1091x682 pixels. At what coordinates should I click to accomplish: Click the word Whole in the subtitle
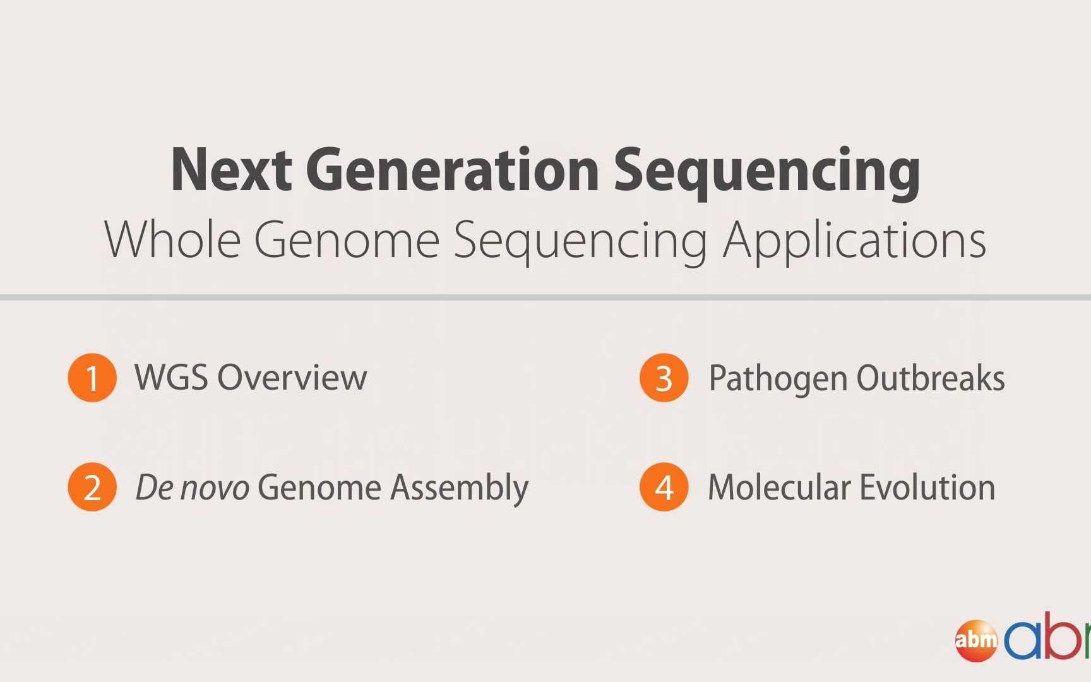click(x=172, y=239)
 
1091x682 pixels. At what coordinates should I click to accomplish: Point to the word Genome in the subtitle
click(x=347, y=241)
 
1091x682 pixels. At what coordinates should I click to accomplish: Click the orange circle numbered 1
click(x=92, y=378)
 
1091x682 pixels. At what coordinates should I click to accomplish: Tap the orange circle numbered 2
click(x=92, y=487)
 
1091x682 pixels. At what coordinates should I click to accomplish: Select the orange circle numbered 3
click(x=664, y=378)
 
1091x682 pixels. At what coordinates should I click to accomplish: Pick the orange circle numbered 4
click(x=664, y=487)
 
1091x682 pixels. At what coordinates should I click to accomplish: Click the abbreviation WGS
click(x=171, y=377)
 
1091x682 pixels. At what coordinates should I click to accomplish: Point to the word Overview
click(x=292, y=378)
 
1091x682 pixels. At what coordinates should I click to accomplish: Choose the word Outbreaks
click(x=931, y=378)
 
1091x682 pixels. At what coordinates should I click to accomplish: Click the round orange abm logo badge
click(x=976, y=640)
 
